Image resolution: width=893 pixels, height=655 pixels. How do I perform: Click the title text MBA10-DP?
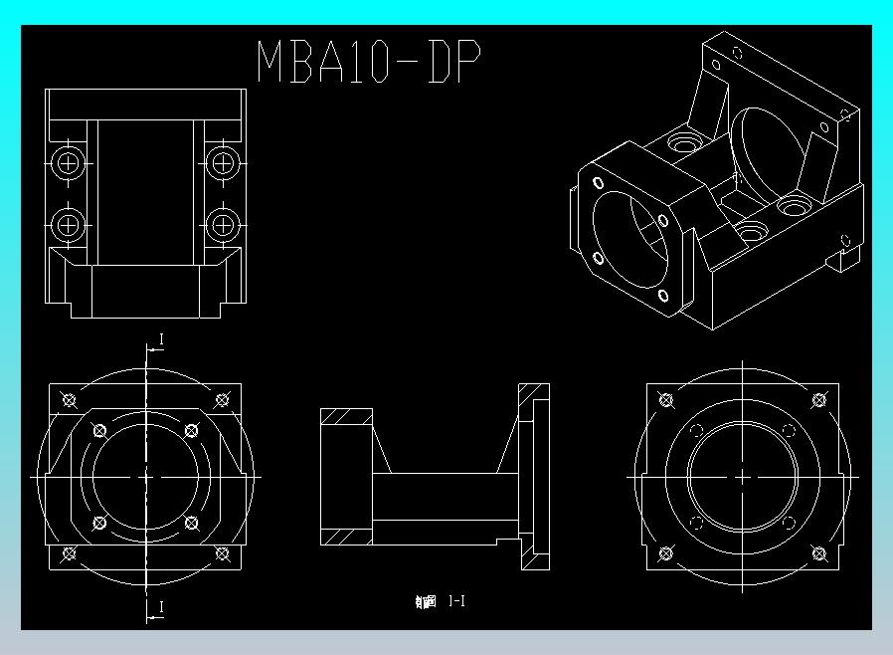tap(369, 62)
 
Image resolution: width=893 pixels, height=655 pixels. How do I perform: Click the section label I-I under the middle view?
tap(456, 600)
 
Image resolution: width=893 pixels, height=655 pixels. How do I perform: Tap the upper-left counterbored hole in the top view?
tap(69, 161)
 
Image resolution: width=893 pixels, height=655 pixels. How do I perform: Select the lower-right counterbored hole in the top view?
tap(223, 223)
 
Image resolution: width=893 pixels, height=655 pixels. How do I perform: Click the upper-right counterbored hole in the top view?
tap(223, 161)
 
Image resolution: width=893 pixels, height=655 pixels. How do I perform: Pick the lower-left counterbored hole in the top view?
tap(69, 223)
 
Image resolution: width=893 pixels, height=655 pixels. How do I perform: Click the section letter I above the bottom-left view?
tap(162, 339)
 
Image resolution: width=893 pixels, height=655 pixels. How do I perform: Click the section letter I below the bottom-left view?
tap(162, 606)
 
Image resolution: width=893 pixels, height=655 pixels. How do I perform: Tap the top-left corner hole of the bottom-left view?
tap(69, 400)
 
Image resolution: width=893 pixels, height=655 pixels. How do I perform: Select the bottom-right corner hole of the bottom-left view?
tap(223, 553)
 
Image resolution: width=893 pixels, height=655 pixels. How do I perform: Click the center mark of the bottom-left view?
tap(146, 477)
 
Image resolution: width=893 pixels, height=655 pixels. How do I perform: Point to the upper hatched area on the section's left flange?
tap(346, 417)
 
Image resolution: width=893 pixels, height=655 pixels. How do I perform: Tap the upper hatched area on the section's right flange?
tap(533, 392)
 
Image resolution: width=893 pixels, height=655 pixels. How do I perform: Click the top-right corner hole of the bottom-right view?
tap(818, 400)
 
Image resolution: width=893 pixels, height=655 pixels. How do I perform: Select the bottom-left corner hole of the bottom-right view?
tap(665, 553)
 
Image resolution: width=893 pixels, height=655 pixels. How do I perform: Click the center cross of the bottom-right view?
tap(742, 477)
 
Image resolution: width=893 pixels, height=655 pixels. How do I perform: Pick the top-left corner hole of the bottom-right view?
tap(665, 400)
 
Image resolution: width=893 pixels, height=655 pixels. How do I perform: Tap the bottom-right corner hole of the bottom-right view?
tap(818, 553)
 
